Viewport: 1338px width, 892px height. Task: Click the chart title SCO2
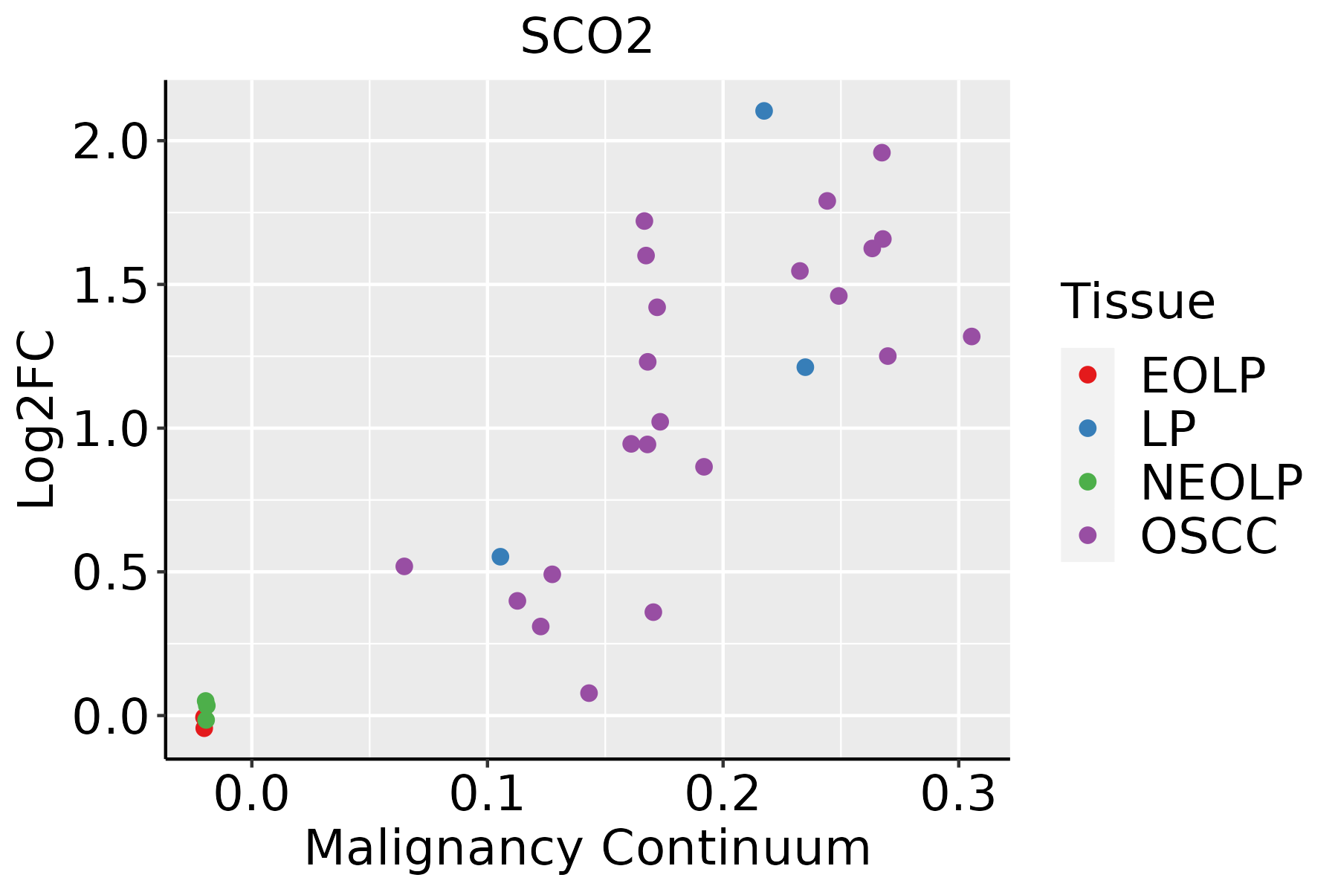tap(586, 37)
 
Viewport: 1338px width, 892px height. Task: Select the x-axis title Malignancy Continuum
tap(586, 849)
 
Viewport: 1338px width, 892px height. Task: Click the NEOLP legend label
tap(1221, 482)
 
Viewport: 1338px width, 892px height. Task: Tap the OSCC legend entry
tap(1209, 536)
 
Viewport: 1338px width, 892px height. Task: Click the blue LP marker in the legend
tap(1087, 428)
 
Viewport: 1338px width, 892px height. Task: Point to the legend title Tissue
tap(1137, 302)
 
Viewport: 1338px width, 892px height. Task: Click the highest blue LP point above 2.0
tap(764, 111)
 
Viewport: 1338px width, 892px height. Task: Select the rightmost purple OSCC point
tap(972, 337)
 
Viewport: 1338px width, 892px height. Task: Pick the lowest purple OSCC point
tap(589, 694)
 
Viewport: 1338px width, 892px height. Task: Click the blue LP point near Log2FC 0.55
tap(500, 557)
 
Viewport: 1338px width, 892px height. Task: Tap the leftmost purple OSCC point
tap(404, 566)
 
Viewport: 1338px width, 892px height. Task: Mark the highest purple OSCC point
tap(882, 153)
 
